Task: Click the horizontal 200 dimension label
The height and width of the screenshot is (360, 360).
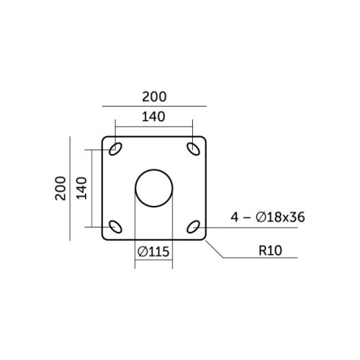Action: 154,96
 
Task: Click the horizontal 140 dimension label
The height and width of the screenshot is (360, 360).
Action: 153,117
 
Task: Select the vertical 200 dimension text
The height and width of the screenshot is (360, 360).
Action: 60,188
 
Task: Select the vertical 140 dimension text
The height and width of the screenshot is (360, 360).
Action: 81,188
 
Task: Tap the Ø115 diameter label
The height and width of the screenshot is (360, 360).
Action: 153,251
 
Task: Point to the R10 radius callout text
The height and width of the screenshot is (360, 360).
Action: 270,251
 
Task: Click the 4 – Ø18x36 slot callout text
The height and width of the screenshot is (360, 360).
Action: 268,217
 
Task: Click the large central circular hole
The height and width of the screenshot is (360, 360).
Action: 154,188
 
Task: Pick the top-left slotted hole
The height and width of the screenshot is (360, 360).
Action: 115,149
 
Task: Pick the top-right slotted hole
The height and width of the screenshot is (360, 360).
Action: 193,149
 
